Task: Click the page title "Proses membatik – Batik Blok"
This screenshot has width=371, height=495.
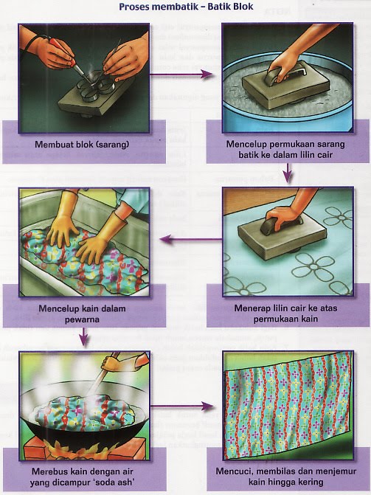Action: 186,7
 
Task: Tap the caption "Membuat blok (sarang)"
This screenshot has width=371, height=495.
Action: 82,145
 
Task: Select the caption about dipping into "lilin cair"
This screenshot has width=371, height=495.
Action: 285,149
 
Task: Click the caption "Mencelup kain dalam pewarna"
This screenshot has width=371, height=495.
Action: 82,314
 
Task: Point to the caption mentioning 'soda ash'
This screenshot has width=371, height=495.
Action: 83,477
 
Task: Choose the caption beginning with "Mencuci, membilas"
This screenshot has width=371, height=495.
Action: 285,477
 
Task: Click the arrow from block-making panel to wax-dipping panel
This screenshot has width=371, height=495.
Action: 181,75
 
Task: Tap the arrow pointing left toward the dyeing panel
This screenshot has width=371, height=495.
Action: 191,239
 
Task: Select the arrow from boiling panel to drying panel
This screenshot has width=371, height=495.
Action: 182,406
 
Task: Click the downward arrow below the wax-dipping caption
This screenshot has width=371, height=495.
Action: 287,173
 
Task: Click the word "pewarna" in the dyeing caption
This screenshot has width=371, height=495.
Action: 82,319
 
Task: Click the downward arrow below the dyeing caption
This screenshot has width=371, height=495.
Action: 83,336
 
